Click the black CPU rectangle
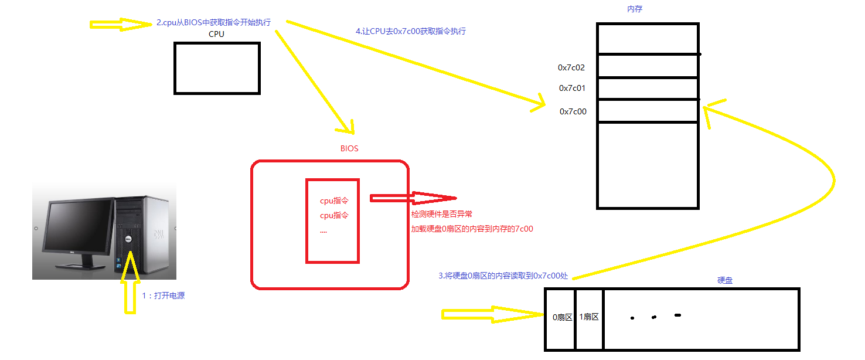tap(217, 68)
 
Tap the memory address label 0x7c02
tap(571, 67)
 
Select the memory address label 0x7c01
tap(573, 88)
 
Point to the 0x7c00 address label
tap(573, 111)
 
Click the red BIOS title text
tap(349, 148)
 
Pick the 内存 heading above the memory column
tap(635, 9)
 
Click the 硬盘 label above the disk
tap(725, 280)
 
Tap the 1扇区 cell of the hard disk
tap(589, 317)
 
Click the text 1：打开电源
tap(164, 296)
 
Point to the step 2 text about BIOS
tap(214, 22)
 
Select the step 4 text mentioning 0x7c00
tap(411, 31)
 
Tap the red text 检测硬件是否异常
tap(441, 215)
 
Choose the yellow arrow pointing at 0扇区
tap(492, 315)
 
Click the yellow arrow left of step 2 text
tap(120, 24)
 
